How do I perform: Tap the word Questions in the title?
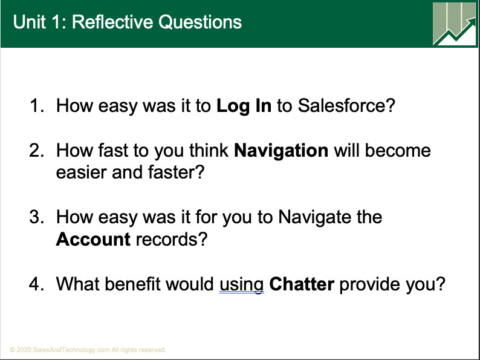[x=200, y=22]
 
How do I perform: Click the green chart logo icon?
[x=455, y=24]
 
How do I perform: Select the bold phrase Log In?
[x=244, y=106]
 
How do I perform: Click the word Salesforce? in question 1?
[x=346, y=105]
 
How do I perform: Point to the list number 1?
[x=37, y=106]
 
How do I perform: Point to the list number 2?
[x=37, y=151]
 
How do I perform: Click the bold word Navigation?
[x=281, y=151]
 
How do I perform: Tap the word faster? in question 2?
[x=176, y=172]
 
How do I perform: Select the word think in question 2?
[x=209, y=150]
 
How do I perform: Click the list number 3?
[x=37, y=217]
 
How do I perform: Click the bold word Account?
[x=93, y=239]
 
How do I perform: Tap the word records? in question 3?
[x=172, y=239]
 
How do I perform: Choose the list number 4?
[x=37, y=284]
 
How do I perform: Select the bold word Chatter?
[x=302, y=284]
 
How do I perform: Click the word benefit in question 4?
[x=132, y=283]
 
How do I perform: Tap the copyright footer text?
[x=88, y=350]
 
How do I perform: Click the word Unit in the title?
[x=29, y=22]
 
